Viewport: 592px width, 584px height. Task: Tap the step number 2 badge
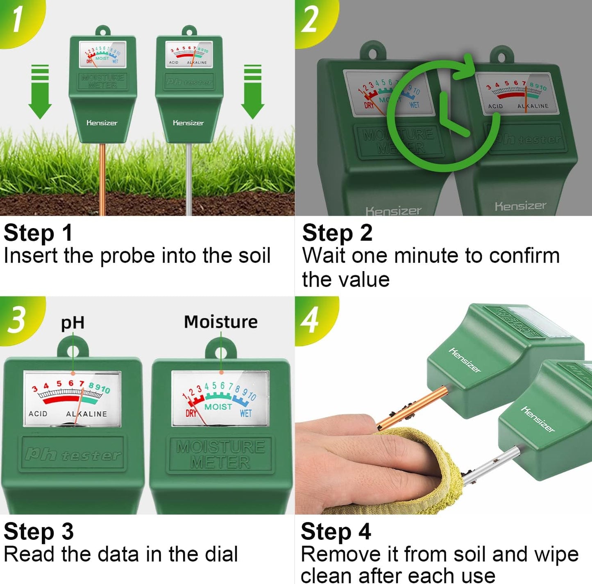[310, 19]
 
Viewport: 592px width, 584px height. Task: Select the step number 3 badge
[17, 319]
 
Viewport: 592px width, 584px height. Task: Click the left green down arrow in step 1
[40, 92]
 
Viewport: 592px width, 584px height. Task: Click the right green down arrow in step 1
[252, 92]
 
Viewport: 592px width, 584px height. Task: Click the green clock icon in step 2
[445, 115]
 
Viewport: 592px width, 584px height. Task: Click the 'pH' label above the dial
[73, 323]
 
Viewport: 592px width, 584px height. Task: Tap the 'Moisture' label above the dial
[221, 322]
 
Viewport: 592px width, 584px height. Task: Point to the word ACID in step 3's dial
[38, 414]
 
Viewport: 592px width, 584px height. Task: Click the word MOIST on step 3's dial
[218, 407]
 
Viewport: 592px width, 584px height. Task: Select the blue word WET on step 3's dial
[245, 413]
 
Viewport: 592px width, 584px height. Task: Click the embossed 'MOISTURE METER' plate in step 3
[220, 455]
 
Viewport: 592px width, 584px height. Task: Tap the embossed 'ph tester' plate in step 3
[73, 454]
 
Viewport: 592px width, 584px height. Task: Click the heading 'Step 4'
[336, 532]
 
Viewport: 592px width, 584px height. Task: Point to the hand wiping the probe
[361, 459]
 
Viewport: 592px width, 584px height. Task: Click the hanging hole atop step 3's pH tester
[73, 352]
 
